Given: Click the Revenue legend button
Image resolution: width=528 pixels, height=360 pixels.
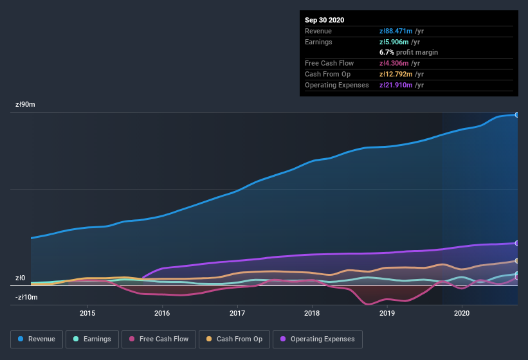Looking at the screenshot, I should click(x=37, y=339).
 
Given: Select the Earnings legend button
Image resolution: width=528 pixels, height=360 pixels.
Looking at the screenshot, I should click(x=92, y=339).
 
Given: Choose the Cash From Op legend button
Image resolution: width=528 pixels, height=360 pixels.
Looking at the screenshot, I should click(x=234, y=339).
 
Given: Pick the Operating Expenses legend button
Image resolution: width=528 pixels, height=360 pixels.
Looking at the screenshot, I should click(x=317, y=339).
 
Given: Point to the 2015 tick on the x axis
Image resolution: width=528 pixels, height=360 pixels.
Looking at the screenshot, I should click(x=87, y=313).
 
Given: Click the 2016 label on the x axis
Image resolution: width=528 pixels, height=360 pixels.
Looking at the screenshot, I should click(x=162, y=313).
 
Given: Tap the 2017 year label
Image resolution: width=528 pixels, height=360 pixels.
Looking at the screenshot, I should click(x=237, y=313).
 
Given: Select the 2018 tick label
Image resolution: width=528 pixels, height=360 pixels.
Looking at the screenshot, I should click(x=312, y=313).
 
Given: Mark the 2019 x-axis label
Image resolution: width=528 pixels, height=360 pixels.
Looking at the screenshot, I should click(x=387, y=313).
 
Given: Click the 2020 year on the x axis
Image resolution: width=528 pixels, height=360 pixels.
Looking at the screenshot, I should click(x=462, y=313).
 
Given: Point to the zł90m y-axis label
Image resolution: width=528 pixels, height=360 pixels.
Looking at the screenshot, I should click(x=25, y=104).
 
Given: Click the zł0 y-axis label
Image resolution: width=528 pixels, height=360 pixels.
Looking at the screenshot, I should click(x=20, y=278).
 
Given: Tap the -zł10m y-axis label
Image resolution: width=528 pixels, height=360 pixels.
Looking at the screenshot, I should click(x=26, y=298).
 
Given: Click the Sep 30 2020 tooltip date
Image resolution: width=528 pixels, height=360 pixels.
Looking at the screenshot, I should click(x=325, y=20).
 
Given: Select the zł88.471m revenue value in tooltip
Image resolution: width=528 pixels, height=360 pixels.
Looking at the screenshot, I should click(x=396, y=31).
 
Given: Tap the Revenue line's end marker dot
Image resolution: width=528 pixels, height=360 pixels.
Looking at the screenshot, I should click(x=517, y=114).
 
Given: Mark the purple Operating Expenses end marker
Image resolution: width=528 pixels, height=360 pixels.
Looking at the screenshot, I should click(x=517, y=243).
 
